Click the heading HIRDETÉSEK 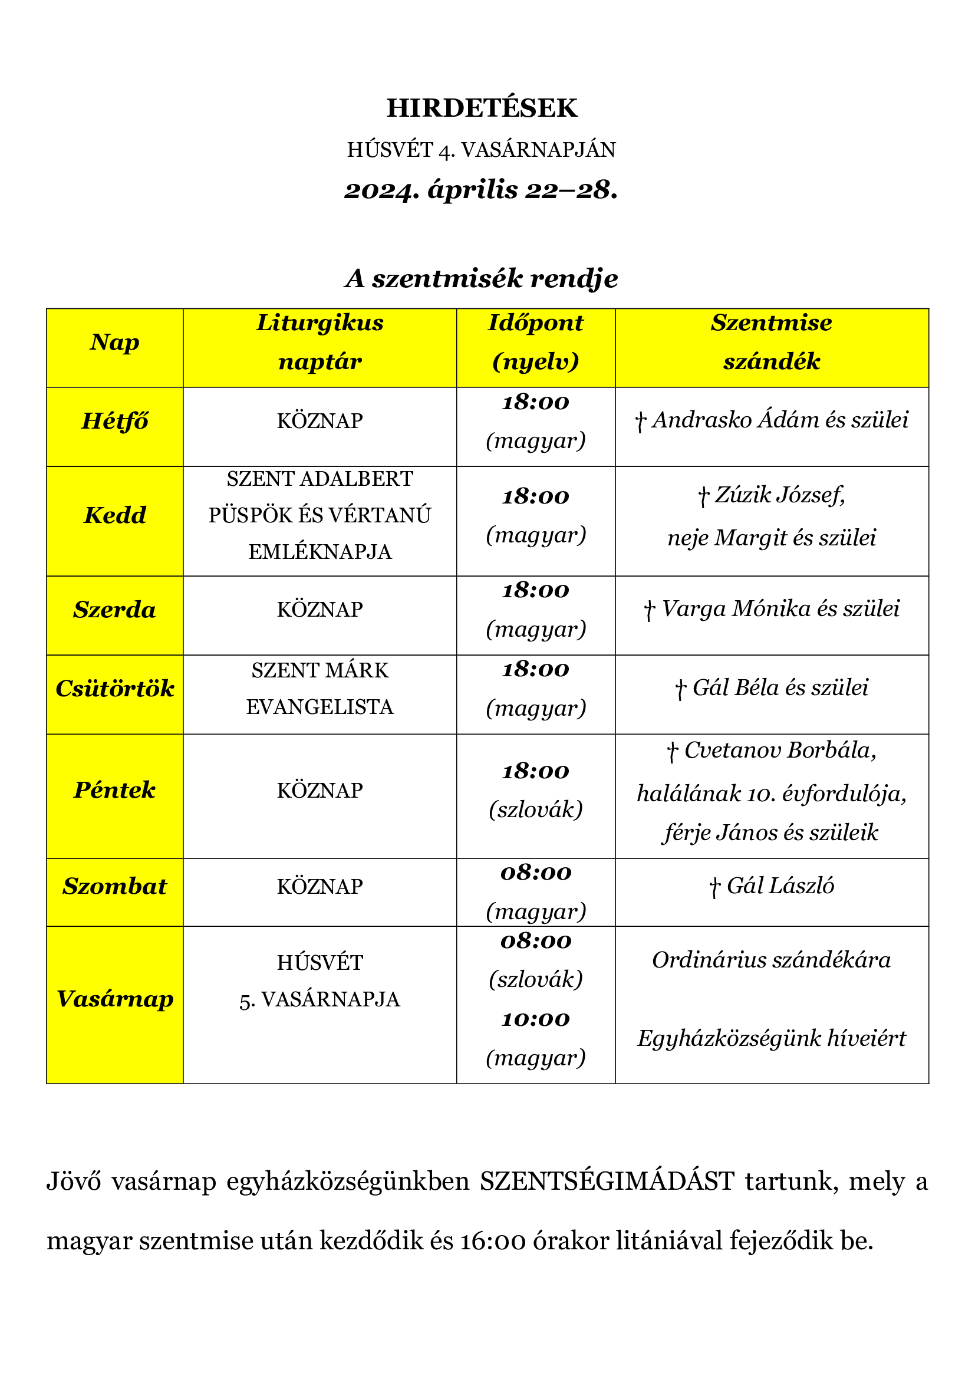point(482,108)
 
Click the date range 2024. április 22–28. point(481,190)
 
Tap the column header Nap point(115,343)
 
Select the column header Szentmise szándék point(772,343)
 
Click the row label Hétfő point(115,421)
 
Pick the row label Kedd point(115,515)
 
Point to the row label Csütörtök point(115,688)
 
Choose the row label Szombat point(115,887)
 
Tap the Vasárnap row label point(115,999)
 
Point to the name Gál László point(780,886)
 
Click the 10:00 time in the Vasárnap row point(535,1019)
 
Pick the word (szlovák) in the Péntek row point(535,809)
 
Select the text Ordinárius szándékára point(772,960)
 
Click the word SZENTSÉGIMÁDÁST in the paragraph point(607,1181)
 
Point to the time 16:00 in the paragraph point(493,1240)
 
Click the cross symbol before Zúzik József point(704,496)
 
